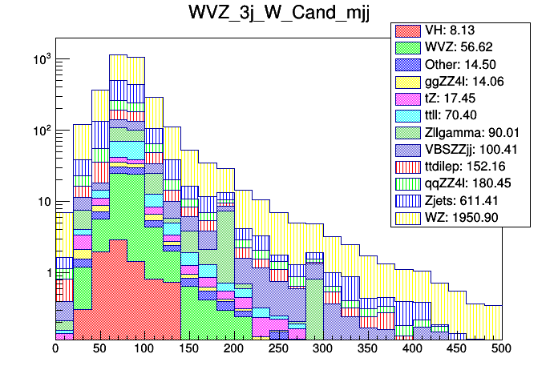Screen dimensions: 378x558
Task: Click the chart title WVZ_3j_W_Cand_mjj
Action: pos(279,14)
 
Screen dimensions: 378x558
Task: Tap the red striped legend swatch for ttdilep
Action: pos(409,165)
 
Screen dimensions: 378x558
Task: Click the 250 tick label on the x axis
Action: pos(278,348)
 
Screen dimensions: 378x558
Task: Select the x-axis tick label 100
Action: pos(144,348)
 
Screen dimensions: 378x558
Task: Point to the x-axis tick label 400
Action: pos(412,348)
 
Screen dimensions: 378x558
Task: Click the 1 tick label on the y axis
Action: pos(46,272)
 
